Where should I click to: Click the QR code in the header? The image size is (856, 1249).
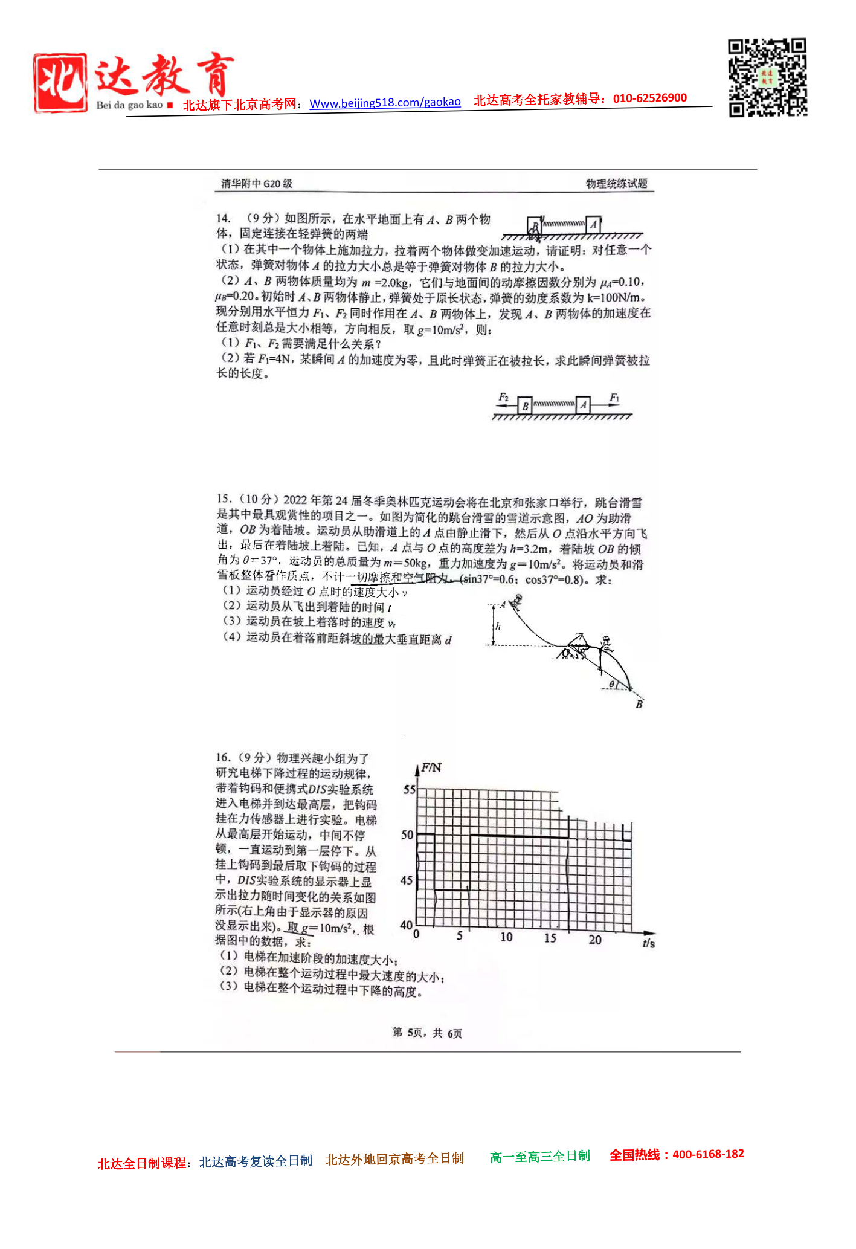click(767, 77)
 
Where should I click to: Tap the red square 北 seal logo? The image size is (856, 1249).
click(60, 83)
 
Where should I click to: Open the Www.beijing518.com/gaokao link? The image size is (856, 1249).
click(385, 103)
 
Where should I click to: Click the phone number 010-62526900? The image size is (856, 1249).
click(649, 98)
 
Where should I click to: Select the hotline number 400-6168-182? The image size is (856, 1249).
click(708, 1154)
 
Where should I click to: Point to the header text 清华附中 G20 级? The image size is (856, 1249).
click(257, 184)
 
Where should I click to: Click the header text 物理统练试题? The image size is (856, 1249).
click(616, 184)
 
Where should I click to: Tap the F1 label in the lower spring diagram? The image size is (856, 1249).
click(614, 397)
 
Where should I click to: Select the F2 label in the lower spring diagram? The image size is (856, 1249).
click(503, 397)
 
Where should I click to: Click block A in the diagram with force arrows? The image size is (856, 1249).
click(583, 405)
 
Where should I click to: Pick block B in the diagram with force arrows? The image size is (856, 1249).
click(525, 406)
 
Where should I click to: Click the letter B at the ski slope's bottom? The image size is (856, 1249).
click(639, 704)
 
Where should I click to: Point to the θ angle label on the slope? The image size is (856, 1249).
click(612, 684)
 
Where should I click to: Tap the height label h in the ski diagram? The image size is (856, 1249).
click(498, 626)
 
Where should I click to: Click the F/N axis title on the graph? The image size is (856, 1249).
click(431, 768)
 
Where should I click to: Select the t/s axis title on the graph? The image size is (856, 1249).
click(648, 943)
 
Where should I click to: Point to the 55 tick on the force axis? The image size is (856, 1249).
click(410, 789)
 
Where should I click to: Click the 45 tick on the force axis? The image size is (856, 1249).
click(407, 880)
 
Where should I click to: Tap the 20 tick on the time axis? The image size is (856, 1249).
click(595, 940)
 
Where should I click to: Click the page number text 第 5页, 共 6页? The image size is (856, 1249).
click(427, 1033)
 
